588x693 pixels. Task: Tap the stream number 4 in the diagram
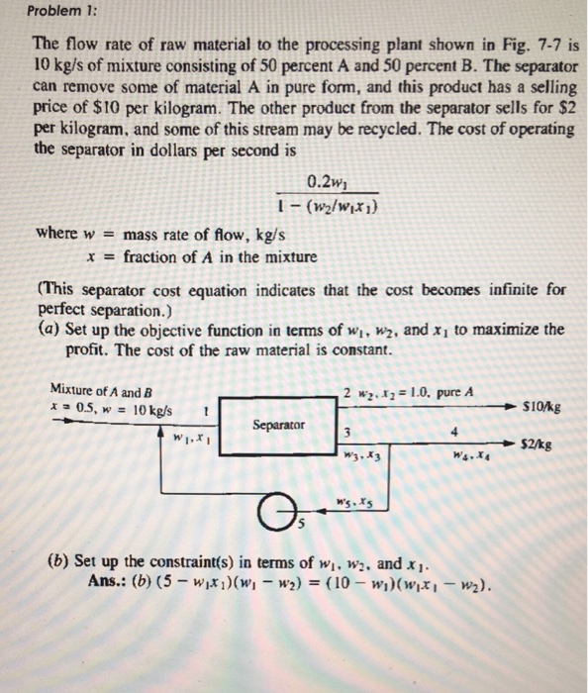[454, 431]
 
